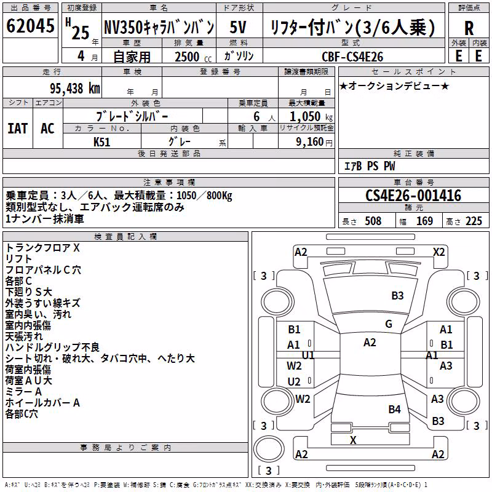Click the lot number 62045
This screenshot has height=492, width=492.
pos(30,26)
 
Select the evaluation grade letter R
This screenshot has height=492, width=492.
pos(469,28)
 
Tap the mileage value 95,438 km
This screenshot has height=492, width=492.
pos(75,89)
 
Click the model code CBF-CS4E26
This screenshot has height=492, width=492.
pos(352,57)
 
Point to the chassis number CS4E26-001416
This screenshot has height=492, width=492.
pos(413,196)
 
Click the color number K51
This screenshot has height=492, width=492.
pos(101,142)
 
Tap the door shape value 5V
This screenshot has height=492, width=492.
pos(238,27)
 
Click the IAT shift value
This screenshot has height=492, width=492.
pos(18,129)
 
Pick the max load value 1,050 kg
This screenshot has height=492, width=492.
pos(311,117)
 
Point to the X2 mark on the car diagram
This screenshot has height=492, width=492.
pos(438,252)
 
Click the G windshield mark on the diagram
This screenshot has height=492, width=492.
pos(389,324)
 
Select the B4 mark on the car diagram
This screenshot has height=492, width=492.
pos(394,410)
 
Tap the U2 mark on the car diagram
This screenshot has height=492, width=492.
pos(294,381)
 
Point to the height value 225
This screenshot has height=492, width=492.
pos(474,221)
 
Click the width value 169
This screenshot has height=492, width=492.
pos(424,221)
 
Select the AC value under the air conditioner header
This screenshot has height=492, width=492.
pos(47,129)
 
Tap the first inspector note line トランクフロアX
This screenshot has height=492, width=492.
pos(42,248)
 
